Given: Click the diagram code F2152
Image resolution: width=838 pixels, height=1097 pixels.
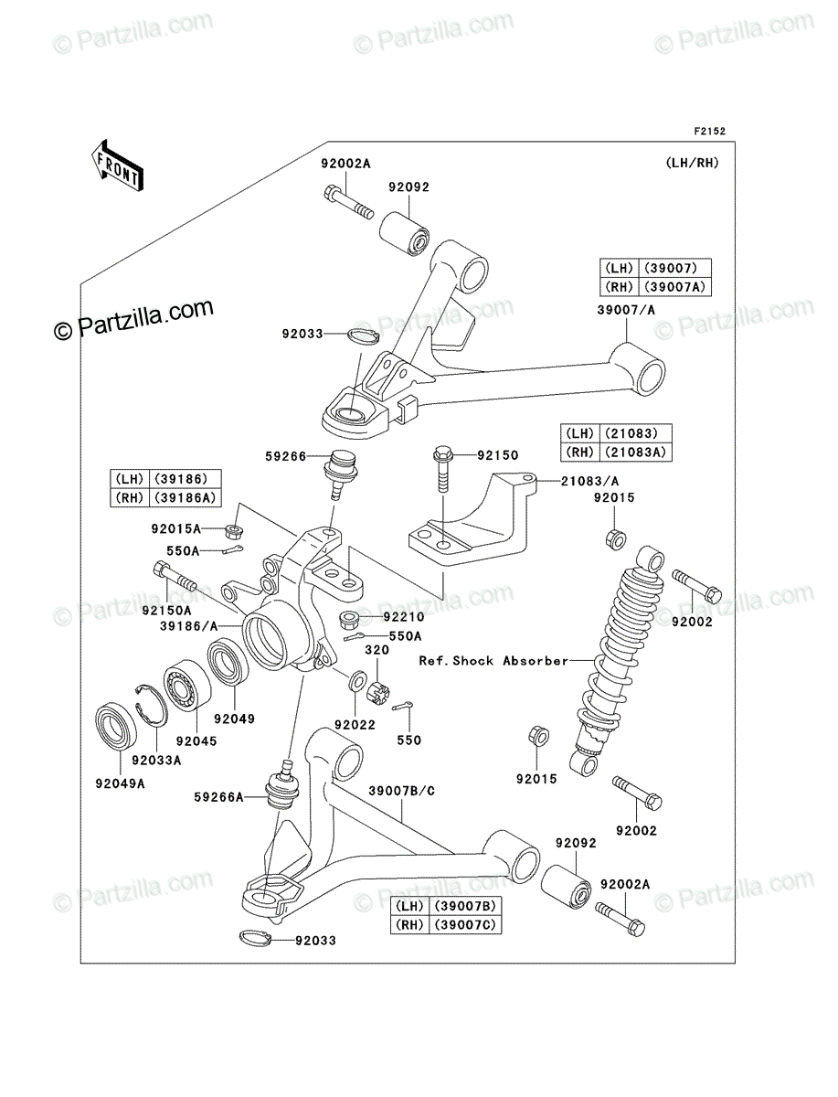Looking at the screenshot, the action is [x=709, y=132].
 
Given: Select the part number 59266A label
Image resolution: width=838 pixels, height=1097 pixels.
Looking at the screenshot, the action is [x=218, y=797].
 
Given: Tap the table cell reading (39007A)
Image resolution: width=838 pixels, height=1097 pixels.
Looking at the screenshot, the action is [x=674, y=287].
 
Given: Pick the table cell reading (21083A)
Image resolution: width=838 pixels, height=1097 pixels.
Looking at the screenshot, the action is [x=635, y=452].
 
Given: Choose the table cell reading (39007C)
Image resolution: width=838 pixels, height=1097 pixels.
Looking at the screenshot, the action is [x=465, y=924].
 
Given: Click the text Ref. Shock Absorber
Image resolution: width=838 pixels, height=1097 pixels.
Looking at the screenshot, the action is [x=493, y=661].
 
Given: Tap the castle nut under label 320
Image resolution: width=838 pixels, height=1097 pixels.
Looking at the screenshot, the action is [x=378, y=691].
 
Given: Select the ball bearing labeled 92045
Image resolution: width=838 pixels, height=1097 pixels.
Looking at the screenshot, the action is [x=187, y=685].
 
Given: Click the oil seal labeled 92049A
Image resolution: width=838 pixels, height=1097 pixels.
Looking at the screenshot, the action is [x=116, y=727].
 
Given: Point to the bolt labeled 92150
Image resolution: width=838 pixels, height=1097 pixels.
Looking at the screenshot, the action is [x=443, y=470].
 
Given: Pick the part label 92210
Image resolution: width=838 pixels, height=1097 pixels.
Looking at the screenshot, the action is [x=404, y=617].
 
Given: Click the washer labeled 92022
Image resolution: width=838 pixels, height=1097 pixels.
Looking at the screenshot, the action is [x=355, y=680].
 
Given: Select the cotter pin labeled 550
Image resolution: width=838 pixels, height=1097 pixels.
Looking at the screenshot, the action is [x=400, y=706].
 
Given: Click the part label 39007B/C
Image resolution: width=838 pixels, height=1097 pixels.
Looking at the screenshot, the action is [x=402, y=791].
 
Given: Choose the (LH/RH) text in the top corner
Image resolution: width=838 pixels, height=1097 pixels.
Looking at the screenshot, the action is [x=692, y=163].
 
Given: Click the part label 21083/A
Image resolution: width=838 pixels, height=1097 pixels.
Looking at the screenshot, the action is [x=589, y=481].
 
